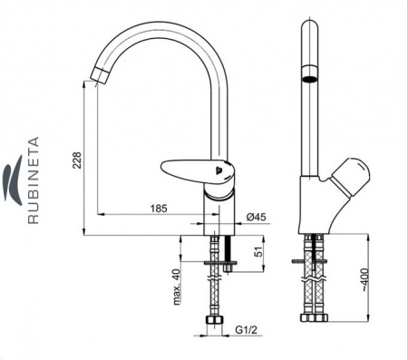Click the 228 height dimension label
(77, 161)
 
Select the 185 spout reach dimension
(159, 209)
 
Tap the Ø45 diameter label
(257, 217)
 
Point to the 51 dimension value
(258, 251)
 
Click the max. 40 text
(177, 287)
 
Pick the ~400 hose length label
(364, 280)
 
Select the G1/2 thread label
(247, 330)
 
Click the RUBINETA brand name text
(34, 180)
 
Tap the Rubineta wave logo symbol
(14, 180)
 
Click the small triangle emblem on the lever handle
(219, 170)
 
